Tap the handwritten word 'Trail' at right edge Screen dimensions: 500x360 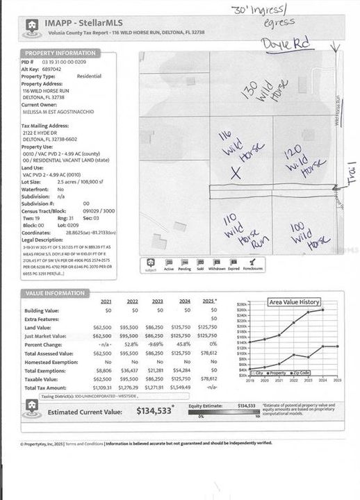click(352, 174)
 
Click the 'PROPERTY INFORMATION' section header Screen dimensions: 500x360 click(60, 53)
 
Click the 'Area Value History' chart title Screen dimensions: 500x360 click(295, 302)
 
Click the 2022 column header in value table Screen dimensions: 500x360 click(132, 302)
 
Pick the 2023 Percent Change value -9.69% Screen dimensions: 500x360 click(157, 344)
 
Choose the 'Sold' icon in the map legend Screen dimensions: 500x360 click(200, 264)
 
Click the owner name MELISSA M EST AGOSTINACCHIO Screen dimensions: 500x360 click(58, 111)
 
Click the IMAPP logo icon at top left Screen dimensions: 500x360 click(31, 29)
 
